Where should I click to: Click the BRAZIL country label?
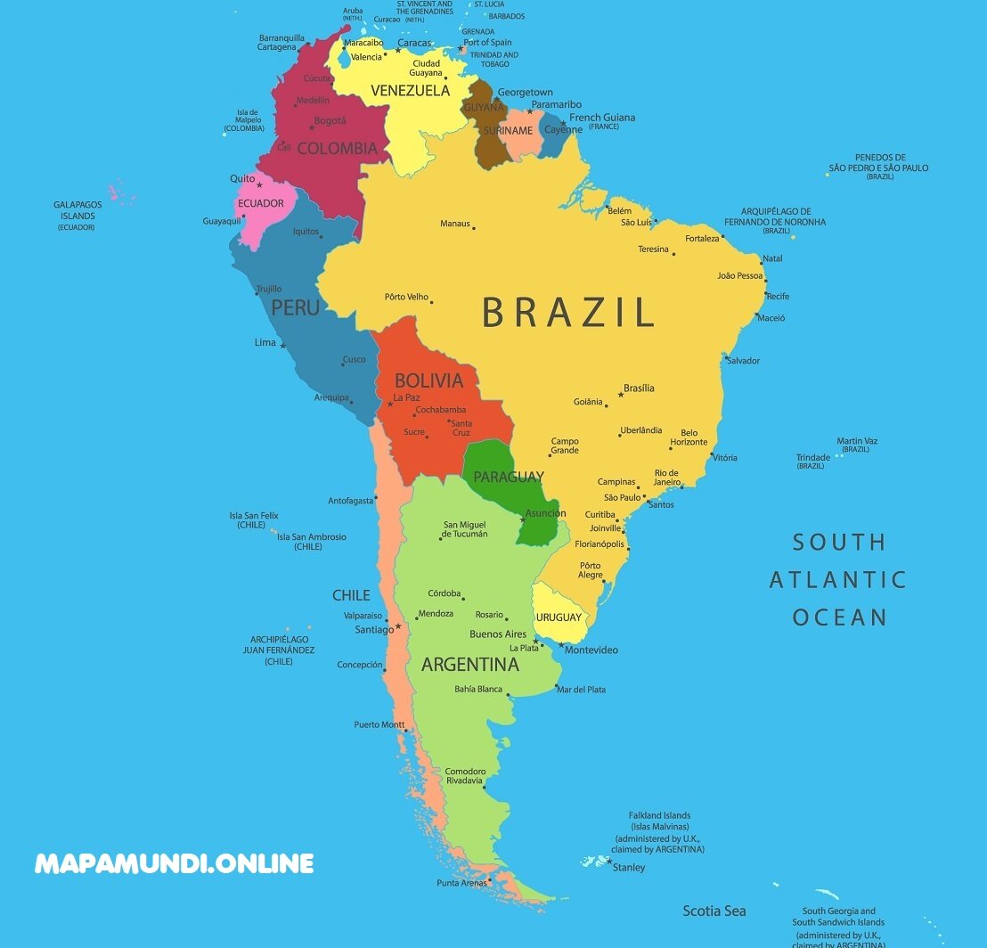(568, 313)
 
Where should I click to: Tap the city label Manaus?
(454, 224)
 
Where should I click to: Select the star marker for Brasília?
(621, 395)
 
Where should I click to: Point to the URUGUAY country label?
(559, 617)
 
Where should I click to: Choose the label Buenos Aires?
(498, 634)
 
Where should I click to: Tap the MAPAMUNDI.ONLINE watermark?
(175, 863)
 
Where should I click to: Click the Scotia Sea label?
(714, 911)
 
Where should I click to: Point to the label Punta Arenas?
(461, 883)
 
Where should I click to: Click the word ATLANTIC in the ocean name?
(837, 580)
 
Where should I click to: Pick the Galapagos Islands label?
(77, 210)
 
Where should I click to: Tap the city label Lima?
(265, 342)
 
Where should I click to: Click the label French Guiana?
(602, 118)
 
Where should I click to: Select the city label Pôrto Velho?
(406, 297)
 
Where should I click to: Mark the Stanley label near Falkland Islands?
(629, 868)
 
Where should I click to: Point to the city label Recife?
(778, 296)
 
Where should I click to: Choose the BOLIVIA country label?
(428, 380)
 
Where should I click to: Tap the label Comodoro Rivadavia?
(465, 775)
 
